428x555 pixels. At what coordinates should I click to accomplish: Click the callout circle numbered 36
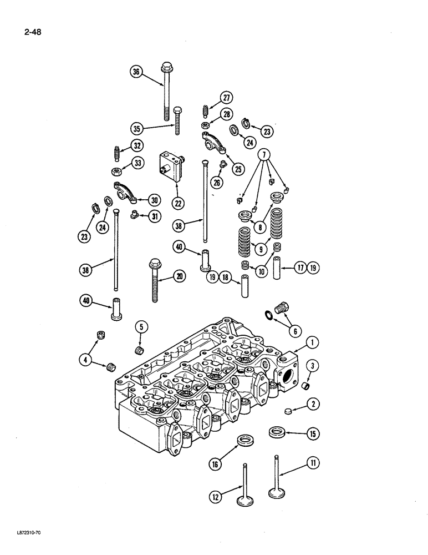tap(136, 71)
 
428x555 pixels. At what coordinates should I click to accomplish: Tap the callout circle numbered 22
tap(179, 204)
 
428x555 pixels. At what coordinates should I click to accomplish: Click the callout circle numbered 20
tap(179, 277)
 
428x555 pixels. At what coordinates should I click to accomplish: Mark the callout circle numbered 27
tap(226, 98)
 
